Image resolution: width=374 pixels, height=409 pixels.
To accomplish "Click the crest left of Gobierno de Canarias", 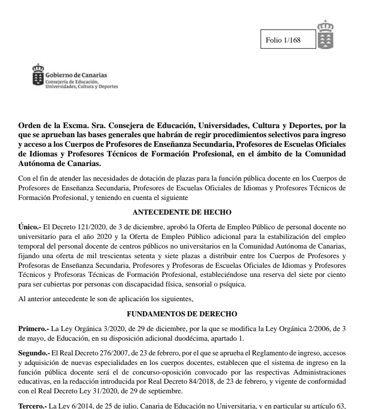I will coord(38,74).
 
